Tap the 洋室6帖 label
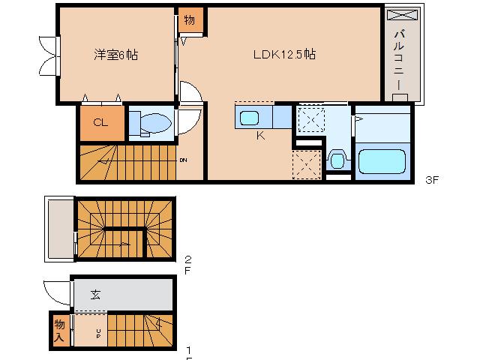pyautogui.click(x=115, y=55)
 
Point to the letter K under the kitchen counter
pyautogui.click(x=259, y=136)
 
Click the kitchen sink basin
pyautogui.click(x=249, y=117)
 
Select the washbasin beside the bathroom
pyautogui.click(x=337, y=159)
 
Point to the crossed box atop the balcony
pyautogui.click(x=403, y=14)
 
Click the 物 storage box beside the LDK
pyautogui.click(x=189, y=19)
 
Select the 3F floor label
pyautogui.click(x=431, y=180)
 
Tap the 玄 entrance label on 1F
pyautogui.click(x=97, y=294)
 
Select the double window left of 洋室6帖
pyautogui.click(x=50, y=55)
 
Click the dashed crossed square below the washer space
pyautogui.click(x=306, y=165)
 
